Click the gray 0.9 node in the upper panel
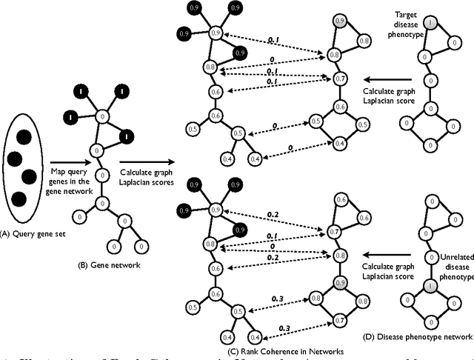pos(340,21)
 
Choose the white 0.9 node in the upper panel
pos(216,33)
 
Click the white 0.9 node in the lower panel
pos(216,211)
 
